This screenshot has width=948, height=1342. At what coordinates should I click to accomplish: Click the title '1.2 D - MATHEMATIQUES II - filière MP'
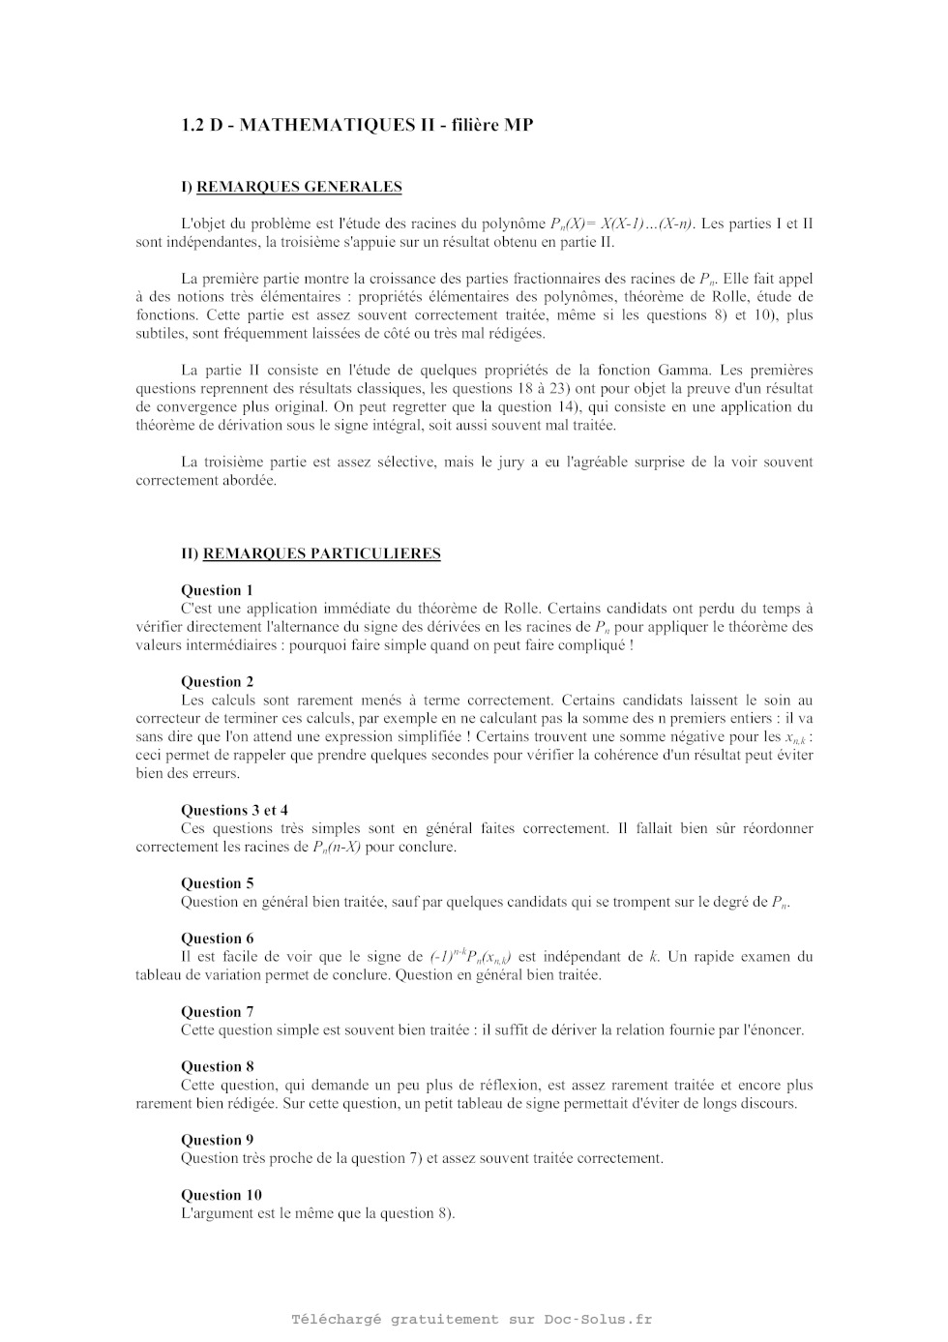click(x=357, y=125)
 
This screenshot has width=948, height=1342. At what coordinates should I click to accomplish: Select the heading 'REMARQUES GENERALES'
click(x=299, y=187)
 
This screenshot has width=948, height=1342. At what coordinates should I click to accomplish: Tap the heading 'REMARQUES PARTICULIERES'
click(x=321, y=553)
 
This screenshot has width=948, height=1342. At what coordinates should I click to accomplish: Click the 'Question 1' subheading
click(x=218, y=590)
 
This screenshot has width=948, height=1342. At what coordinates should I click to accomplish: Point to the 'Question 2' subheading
click(x=218, y=681)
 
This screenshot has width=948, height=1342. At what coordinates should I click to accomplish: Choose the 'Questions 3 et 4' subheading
click(x=234, y=810)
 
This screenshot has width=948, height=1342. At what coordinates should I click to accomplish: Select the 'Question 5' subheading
click(x=218, y=882)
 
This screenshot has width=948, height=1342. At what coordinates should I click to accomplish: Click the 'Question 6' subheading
click(x=218, y=938)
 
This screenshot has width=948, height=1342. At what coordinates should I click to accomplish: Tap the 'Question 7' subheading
click(x=218, y=1011)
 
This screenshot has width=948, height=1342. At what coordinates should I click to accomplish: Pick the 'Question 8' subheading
click(x=218, y=1066)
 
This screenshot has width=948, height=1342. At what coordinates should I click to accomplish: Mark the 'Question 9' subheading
click(x=218, y=1139)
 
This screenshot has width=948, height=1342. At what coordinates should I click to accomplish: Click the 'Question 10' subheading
click(x=222, y=1194)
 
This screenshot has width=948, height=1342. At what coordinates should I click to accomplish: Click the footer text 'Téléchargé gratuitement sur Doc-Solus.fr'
click(x=472, y=1319)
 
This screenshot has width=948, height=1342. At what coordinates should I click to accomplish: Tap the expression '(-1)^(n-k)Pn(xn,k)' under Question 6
click(x=471, y=957)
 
